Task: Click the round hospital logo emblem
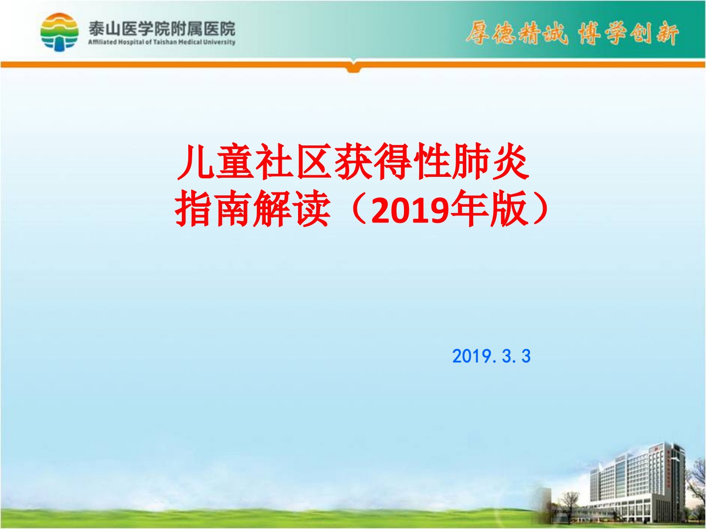59,32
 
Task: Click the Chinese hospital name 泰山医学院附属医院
162,28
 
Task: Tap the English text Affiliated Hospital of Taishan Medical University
162,42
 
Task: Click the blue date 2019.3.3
491,356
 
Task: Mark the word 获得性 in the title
392,163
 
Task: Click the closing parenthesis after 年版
541,210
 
